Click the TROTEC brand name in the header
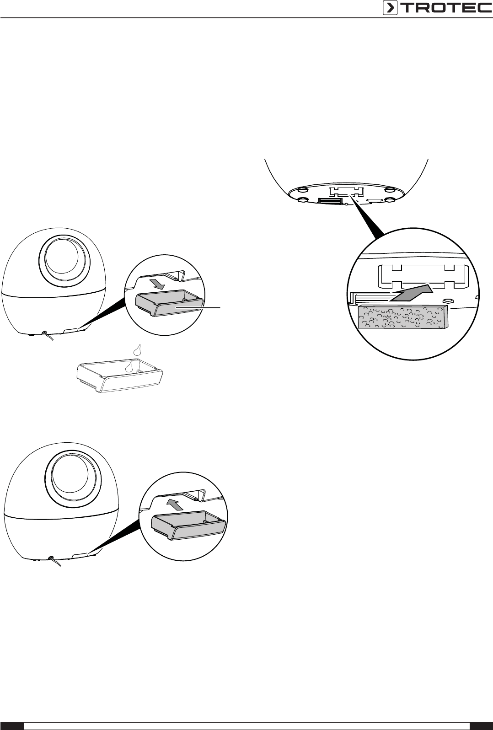(x=446, y=8)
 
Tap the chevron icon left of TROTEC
(x=390, y=8)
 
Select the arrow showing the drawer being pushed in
(x=174, y=505)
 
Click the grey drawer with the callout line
(x=169, y=302)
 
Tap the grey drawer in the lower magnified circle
(x=189, y=524)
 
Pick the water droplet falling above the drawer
(x=138, y=350)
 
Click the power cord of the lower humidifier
(x=55, y=561)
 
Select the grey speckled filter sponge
(x=403, y=317)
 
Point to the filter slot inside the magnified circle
(x=422, y=277)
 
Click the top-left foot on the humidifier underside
(x=301, y=190)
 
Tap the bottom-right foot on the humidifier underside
(x=391, y=199)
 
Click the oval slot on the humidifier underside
(x=374, y=200)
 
